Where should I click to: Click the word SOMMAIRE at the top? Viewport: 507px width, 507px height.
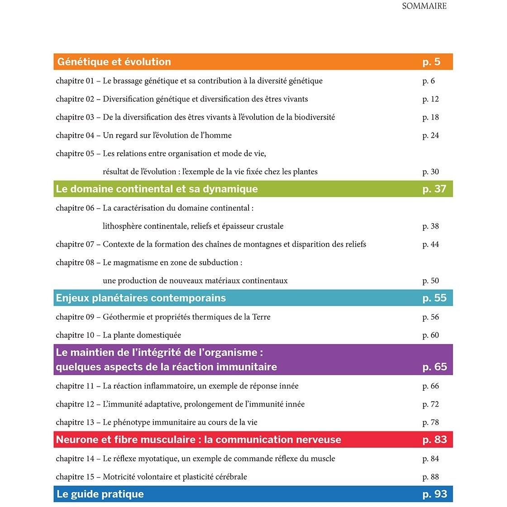click(x=424, y=6)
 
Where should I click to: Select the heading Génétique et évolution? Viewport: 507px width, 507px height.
click(x=114, y=62)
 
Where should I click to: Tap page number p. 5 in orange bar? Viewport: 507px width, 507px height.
click(x=431, y=62)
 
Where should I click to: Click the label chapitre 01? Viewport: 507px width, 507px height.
click(x=75, y=81)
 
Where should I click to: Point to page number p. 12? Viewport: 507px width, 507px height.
click(x=430, y=99)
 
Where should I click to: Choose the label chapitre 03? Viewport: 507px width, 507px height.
click(x=75, y=117)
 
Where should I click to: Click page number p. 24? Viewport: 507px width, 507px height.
click(x=430, y=135)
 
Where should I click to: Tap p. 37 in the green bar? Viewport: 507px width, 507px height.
click(x=434, y=189)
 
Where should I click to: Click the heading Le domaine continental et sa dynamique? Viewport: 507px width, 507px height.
click(x=157, y=189)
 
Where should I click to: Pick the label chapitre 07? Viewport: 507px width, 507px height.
click(x=75, y=244)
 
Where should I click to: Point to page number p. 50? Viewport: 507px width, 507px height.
click(x=430, y=281)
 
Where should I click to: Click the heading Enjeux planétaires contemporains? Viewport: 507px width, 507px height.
click(x=141, y=298)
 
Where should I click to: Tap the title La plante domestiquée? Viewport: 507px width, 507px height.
click(x=142, y=335)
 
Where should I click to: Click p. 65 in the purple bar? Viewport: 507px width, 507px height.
click(x=435, y=367)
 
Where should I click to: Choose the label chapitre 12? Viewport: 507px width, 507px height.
click(x=75, y=404)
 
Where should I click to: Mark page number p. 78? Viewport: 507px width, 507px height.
click(x=430, y=422)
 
